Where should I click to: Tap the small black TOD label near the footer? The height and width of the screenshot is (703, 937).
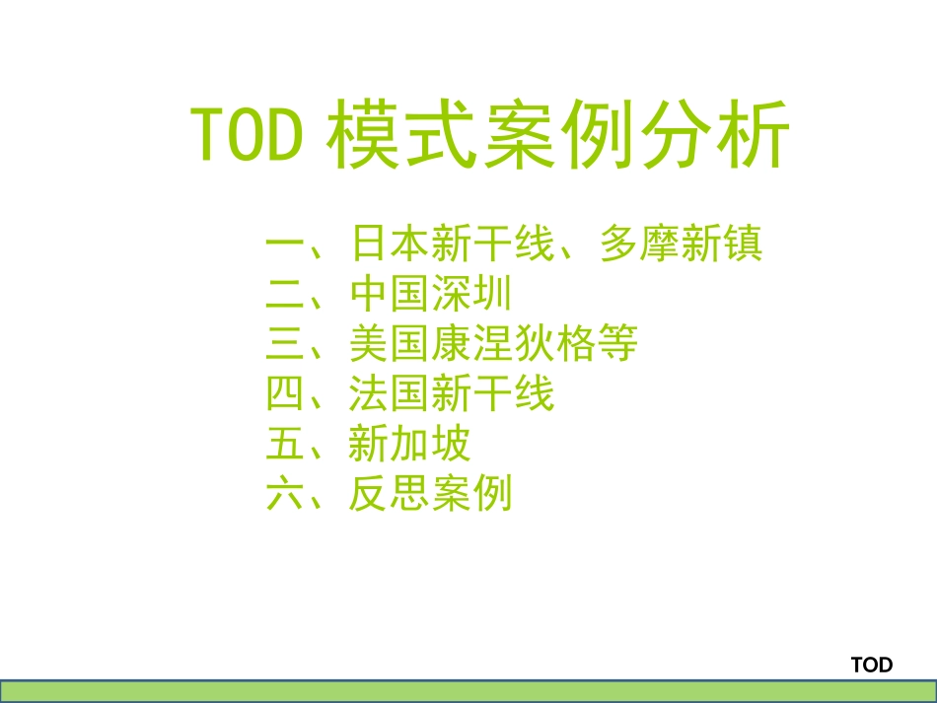[x=871, y=665]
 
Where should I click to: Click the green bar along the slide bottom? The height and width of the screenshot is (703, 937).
[x=468, y=690]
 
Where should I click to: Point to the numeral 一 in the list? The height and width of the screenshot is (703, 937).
[x=287, y=244]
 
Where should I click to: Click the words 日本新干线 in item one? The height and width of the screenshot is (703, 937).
[x=452, y=244]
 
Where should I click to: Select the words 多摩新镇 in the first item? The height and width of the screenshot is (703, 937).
[x=681, y=244]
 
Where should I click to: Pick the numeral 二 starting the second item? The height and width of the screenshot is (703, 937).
[x=287, y=294]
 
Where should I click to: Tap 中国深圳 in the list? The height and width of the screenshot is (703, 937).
[x=430, y=294]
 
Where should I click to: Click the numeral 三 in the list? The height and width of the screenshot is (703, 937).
[x=287, y=344]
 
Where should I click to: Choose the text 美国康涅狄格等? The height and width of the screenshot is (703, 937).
[x=493, y=344]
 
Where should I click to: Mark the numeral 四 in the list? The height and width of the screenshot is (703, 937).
[x=287, y=394]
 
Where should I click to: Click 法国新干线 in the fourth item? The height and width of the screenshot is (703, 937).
[x=452, y=394]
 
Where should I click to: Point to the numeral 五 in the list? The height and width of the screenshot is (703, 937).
[x=287, y=445]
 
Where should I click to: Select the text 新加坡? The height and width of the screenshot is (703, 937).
[x=409, y=445]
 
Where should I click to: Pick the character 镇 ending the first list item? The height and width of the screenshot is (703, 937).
[x=743, y=244]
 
